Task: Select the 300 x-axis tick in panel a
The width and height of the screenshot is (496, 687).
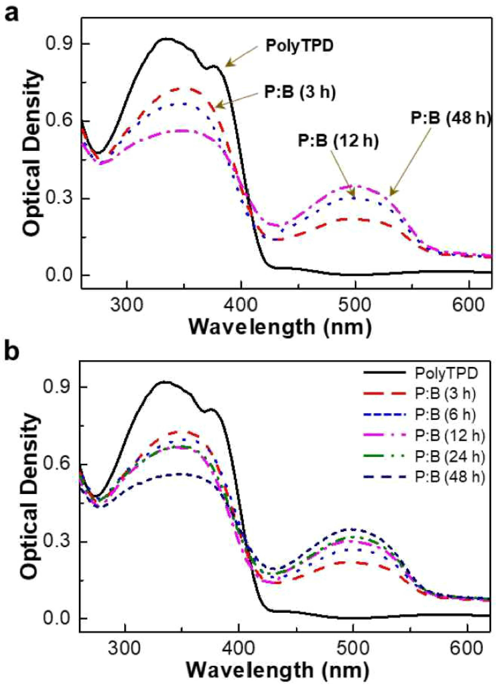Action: [127, 307]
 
